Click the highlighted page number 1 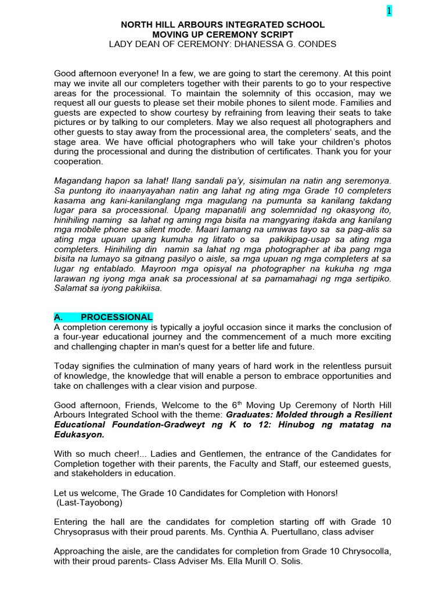coord(389,12)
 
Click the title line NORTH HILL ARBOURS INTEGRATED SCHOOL coord(222,25)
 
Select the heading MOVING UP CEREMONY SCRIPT coord(222,35)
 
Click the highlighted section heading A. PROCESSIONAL coord(103,317)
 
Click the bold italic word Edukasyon coord(80,435)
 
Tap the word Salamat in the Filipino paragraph coord(73,288)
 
